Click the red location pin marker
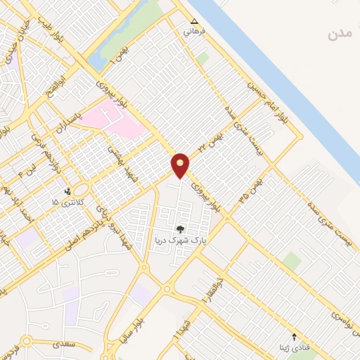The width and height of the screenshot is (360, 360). tap(181, 165)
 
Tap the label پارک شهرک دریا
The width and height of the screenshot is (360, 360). tap(179, 240)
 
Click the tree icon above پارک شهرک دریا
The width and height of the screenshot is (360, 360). tap(179, 229)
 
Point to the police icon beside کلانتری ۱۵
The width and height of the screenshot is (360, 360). tap(68, 191)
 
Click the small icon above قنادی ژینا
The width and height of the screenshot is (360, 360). tap(294, 337)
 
